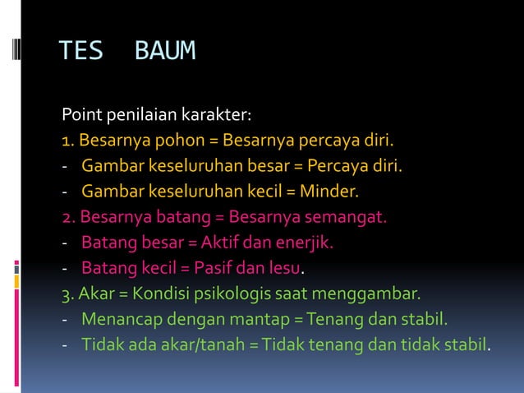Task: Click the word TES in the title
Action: [80, 51]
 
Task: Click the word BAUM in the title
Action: [165, 51]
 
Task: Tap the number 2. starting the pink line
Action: [69, 219]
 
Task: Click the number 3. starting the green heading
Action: [69, 293]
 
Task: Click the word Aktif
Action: [209, 244]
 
